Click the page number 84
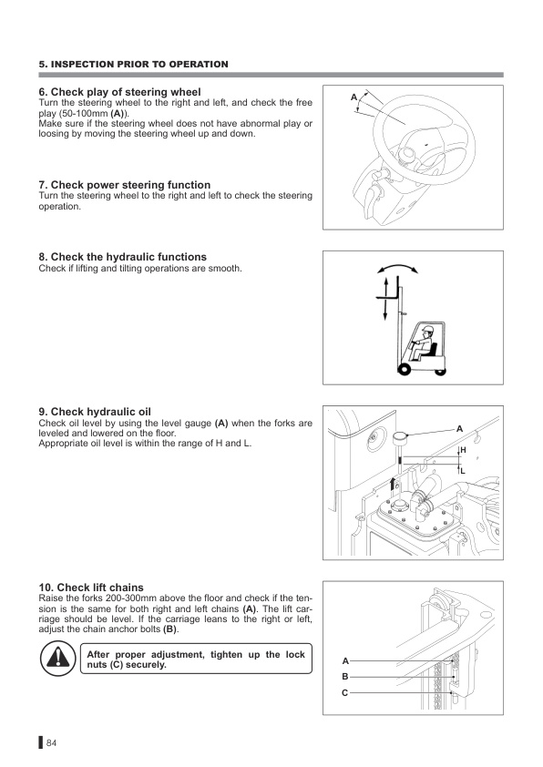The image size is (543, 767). [51, 743]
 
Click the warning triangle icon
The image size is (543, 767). [57, 658]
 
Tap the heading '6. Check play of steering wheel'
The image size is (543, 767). [120, 92]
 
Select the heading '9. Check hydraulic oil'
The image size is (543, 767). [95, 412]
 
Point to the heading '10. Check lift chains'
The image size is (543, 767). [91, 587]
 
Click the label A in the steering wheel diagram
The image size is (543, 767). [353, 97]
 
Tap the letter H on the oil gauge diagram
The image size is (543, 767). [463, 449]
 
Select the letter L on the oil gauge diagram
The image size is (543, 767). [463, 472]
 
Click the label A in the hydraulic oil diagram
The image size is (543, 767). [459, 429]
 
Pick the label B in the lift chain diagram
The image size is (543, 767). [345, 677]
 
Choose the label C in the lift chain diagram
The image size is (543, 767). [345, 692]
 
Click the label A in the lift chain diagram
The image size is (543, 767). [345, 660]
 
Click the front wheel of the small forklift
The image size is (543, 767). [405, 370]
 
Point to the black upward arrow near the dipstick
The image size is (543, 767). [392, 487]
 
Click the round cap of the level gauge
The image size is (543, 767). [401, 436]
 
